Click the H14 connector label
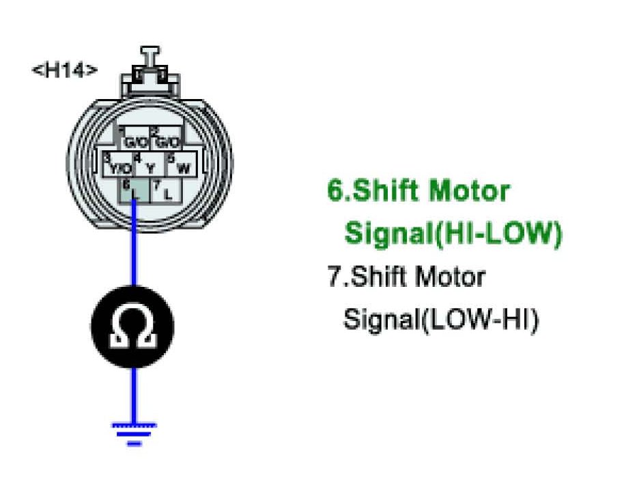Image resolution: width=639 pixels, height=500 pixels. click(65, 70)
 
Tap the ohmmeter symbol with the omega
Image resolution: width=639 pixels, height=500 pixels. click(133, 327)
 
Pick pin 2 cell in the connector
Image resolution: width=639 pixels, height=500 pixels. click(166, 139)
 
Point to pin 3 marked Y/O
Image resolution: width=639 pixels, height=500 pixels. click(117, 165)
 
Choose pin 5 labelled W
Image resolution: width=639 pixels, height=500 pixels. click(180, 165)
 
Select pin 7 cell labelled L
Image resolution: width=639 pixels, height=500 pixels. click(165, 191)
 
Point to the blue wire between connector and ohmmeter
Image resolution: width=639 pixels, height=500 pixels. click(134, 253)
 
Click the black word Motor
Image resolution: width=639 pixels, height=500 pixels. click(450, 277)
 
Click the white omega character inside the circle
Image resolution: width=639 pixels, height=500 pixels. click(133, 329)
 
